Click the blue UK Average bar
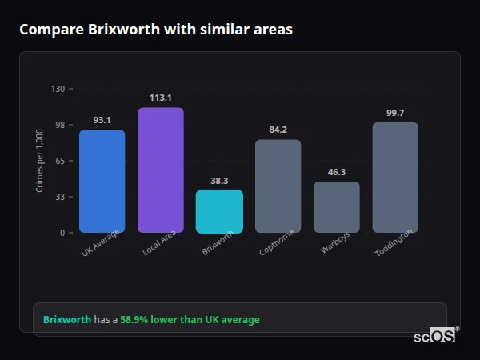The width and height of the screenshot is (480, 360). click(x=102, y=182)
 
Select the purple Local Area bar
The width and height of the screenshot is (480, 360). click(x=160, y=170)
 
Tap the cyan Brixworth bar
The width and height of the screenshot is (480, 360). click(x=219, y=211)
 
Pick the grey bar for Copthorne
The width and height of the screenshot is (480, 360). click(x=278, y=186)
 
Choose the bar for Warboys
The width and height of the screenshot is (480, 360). click(x=336, y=207)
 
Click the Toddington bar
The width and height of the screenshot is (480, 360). click(x=395, y=178)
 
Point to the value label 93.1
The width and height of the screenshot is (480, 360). click(x=102, y=120)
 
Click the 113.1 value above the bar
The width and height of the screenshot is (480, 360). click(x=160, y=98)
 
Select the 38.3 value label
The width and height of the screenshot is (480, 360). click(x=219, y=181)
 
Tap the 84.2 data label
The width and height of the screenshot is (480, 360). click(x=278, y=130)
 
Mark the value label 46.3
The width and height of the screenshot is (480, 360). click(x=336, y=172)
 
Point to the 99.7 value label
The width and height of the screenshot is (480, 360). click(x=395, y=113)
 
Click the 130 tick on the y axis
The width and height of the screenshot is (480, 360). click(x=58, y=89)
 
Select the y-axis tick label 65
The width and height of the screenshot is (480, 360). click(x=60, y=161)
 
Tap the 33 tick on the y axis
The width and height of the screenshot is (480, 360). click(x=60, y=197)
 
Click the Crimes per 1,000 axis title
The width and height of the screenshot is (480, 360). click(x=40, y=161)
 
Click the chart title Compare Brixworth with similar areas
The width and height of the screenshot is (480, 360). click(x=156, y=30)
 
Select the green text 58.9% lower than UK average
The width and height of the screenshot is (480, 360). click(x=190, y=319)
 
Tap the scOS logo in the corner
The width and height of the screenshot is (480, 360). click(x=434, y=336)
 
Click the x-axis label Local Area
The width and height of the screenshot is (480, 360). click(x=159, y=245)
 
